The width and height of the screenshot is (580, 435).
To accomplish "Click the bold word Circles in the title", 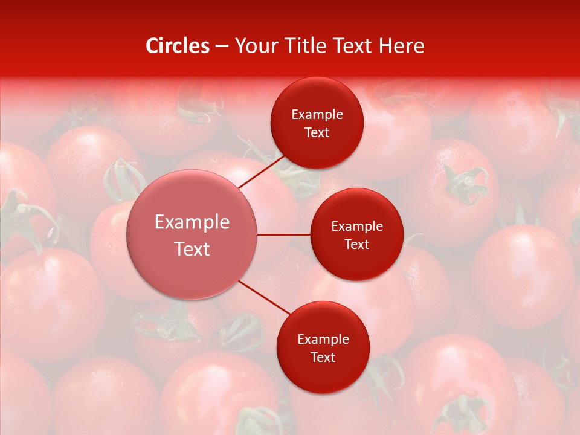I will (x=178, y=46).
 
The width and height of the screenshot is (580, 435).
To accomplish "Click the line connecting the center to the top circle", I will (x=261, y=172).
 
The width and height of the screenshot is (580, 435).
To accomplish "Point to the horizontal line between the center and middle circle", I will (x=284, y=234).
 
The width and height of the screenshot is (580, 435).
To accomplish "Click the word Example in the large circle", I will (x=192, y=222).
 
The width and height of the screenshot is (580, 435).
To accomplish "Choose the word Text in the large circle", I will (x=192, y=249).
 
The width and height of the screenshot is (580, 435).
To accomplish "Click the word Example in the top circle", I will (x=317, y=114).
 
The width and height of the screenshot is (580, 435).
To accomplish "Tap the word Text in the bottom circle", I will (x=323, y=357).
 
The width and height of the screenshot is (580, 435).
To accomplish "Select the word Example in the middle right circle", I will (x=357, y=226).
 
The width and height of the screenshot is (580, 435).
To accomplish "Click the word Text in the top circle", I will (x=317, y=132).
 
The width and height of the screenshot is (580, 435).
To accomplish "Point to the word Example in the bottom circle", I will (x=323, y=339).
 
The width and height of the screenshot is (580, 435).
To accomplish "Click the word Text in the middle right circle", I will (x=356, y=244).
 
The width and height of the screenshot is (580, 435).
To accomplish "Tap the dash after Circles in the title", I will (x=222, y=47).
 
